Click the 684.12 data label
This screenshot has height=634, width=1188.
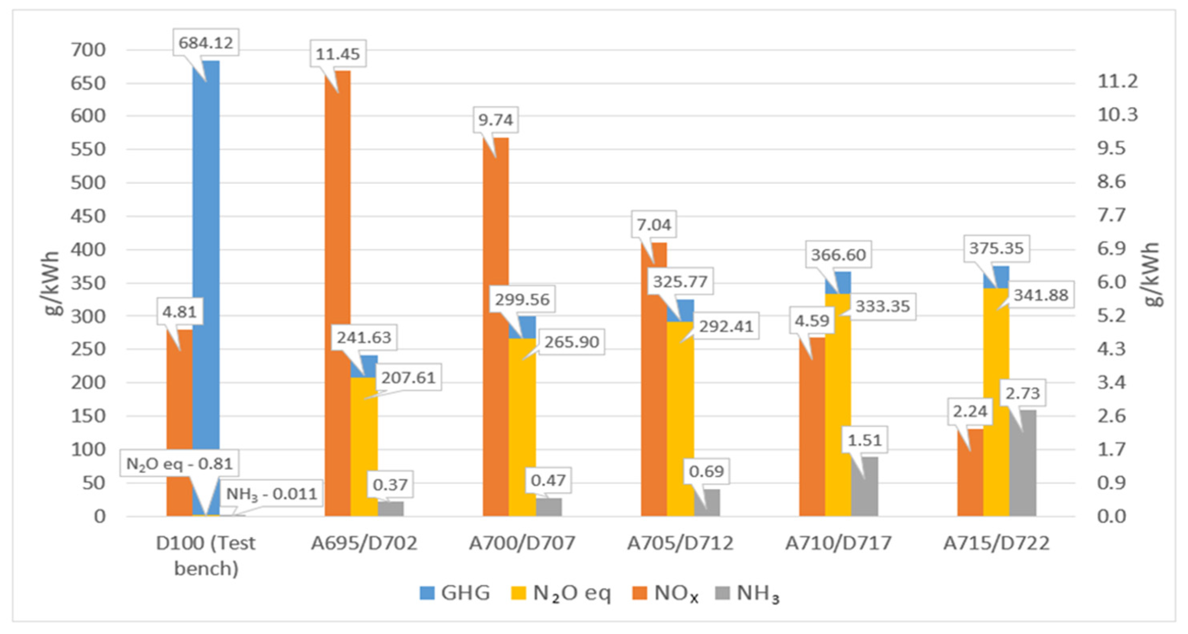coord(206,43)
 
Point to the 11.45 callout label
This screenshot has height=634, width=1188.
coord(338,54)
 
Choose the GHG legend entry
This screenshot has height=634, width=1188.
coord(455,593)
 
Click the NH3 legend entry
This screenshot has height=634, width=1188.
coord(747,593)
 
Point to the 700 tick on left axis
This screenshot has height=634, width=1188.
coord(88,50)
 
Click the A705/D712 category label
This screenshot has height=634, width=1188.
coord(680,543)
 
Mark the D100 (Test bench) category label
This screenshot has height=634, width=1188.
coord(206,555)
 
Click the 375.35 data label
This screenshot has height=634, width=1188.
coord(996,248)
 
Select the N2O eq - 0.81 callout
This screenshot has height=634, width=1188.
coord(180,464)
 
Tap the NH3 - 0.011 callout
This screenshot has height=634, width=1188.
coord(271,494)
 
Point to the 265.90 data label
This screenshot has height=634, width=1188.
coord(572,342)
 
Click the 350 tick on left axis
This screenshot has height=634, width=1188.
coord(88,283)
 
